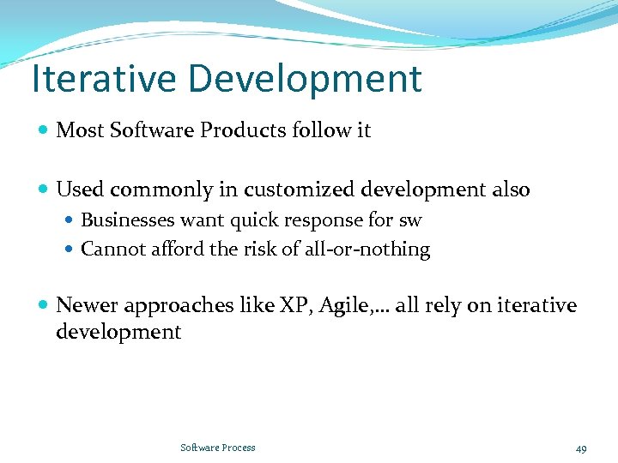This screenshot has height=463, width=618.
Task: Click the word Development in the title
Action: [x=306, y=79]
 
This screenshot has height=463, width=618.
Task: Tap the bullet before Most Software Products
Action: [x=44, y=130]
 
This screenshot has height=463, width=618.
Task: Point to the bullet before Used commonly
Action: [x=44, y=189]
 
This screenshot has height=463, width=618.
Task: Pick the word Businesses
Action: [x=128, y=220]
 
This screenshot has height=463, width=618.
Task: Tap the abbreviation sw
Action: [x=410, y=220]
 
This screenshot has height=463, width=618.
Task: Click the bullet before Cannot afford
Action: [x=70, y=250]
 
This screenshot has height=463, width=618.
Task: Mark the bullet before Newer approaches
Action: [x=44, y=306]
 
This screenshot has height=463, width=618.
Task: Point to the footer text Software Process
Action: [x=218, y=448]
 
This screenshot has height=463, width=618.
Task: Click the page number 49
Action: [x=581, y=448]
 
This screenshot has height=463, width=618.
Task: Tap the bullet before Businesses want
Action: [x=70, y=220]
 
